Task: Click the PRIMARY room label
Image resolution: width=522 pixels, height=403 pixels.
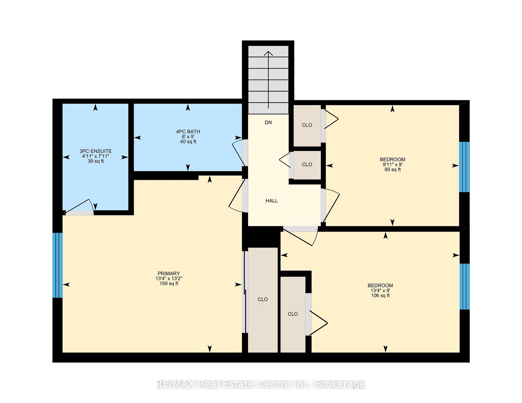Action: click(169, 273)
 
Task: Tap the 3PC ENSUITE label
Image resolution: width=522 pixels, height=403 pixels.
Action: click(96, 151)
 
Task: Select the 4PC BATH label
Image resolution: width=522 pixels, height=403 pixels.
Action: click(188, 132)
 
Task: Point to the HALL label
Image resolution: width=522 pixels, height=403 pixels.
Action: click(272, 201)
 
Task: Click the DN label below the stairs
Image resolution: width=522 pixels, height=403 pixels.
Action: click(268, 123)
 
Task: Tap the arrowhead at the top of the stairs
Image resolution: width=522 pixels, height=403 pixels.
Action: click(269, 53)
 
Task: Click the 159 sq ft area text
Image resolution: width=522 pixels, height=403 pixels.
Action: click(169, 283)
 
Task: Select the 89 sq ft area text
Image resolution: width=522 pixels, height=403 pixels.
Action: click(393, 170)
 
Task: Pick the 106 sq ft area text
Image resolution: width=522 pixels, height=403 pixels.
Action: click(380, 295)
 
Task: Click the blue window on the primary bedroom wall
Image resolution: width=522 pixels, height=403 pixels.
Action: click(57, 265)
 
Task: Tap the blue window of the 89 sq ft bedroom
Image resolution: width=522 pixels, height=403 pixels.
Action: click(464, 167)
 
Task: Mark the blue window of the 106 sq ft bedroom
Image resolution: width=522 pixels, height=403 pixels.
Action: click(465, 286)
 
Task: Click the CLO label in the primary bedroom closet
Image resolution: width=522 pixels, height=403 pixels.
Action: click(263, 299)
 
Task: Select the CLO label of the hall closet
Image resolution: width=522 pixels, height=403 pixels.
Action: click(307, 165)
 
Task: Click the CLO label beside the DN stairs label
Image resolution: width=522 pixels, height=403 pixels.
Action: click(307, 125)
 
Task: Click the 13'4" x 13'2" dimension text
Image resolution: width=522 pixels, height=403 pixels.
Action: click(169, 279)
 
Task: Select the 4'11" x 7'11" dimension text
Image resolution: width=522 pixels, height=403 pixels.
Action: click(96, 156)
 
